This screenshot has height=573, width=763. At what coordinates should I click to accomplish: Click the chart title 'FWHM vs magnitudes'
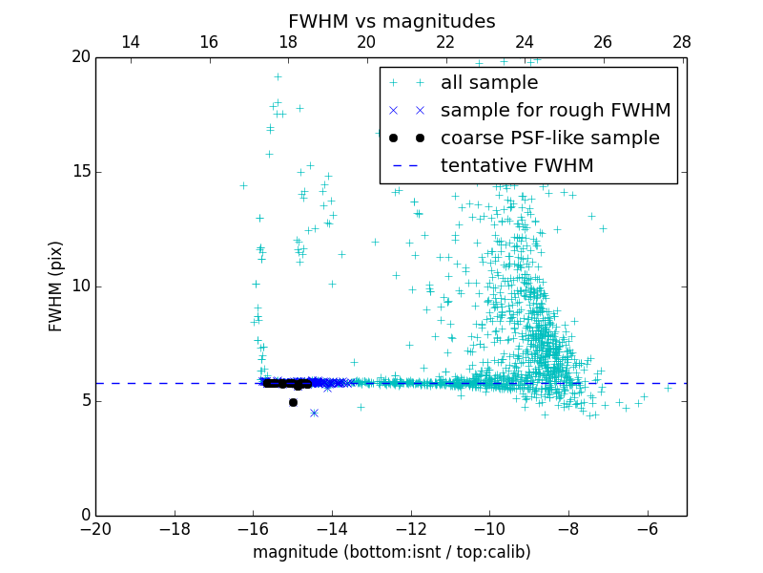pyautogui.click(x=391, y=21)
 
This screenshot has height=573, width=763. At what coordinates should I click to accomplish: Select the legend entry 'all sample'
pyautogui.click(x=489, y=83)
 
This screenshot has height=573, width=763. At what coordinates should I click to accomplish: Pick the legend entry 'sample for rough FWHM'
pyautogui.click(x=555, y=111)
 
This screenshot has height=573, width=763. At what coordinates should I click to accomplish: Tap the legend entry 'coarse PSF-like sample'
pyautogui.click(x=549, y=138)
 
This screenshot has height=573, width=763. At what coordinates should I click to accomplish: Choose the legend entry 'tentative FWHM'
pyautogui.click(x=517, y=166)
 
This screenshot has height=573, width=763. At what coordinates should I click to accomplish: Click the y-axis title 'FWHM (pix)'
pyautogui.click(x=56, y=286)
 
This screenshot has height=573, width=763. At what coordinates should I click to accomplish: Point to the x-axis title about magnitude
pyautogui.click(x=391, y=552)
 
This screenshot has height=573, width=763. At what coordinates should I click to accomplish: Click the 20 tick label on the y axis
pyautogui.click(x=80, y=57)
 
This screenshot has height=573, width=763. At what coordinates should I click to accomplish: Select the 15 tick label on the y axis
pyautogui.click(x=80, y=172)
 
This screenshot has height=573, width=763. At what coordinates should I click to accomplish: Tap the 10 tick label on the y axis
pyautogui.click(x=80, y=286)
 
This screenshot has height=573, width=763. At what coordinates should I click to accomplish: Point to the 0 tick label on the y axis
pyautogui.click(x=85, y=516)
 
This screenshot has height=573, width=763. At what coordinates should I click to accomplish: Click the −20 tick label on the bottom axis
pyautogui.click(x=95, y=529)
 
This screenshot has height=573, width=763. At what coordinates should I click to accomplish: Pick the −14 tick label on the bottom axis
pyautogui.click(x=332, y=529)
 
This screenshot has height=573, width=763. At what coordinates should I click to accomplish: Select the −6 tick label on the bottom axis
pyautogui.click(x=647, y=529)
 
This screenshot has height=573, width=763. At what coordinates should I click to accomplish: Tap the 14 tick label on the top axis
pyautogui.click(x=131, y=42)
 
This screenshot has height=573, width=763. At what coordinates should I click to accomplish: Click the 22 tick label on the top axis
pyautogui.click(x=445, y=42)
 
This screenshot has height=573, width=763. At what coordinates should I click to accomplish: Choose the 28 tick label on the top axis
pyautogui.click(x=682, y=42)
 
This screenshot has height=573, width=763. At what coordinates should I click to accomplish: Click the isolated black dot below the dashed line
pyautogui.click(x=293, y=402)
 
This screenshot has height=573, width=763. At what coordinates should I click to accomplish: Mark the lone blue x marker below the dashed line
pyautogui.click(x=314, y=413)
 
